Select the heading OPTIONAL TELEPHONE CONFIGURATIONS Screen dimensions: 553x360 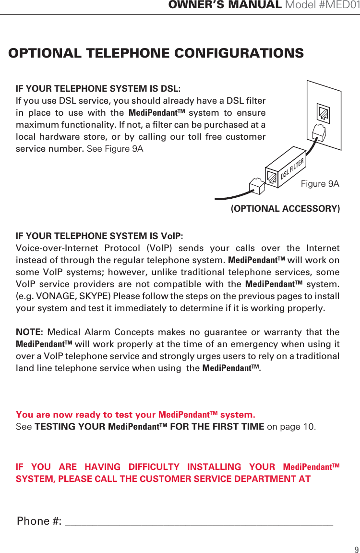pyautogui.click(x=156, y=53)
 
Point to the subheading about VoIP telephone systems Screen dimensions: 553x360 pyautogui.click(x=99, y=236)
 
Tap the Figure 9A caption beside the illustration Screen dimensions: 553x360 pyautogui.click(x=320, y=184)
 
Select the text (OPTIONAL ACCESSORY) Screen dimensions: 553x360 pyautogui.click(x=285, y=209)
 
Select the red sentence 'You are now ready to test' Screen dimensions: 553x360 pyautogui.click(x=135, y=415)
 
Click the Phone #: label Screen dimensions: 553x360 pyautogui.click(x=39, y=521)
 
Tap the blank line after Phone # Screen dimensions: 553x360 pyautogui.click(x=199, y=522)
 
